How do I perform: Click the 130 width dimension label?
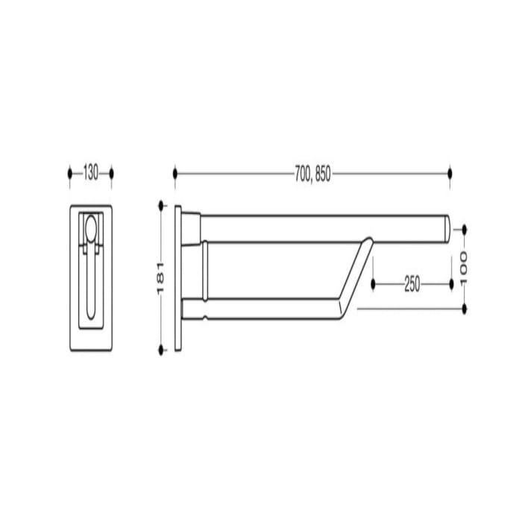tap(90, 174)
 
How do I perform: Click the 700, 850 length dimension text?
tap(312, 174)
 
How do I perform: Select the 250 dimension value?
tap(412, 284)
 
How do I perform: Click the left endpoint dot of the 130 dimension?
tap(70, 174)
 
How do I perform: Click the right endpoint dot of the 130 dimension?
tap(111, 174)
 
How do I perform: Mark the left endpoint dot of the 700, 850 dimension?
tap(175, 174)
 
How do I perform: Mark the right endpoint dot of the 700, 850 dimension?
tap(450, 174)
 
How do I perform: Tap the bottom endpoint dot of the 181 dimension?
tap(161, 350)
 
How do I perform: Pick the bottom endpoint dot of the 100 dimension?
tap(464, 307)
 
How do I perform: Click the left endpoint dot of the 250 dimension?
tap(373, 284)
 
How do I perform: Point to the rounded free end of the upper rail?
tap(446, 227)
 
